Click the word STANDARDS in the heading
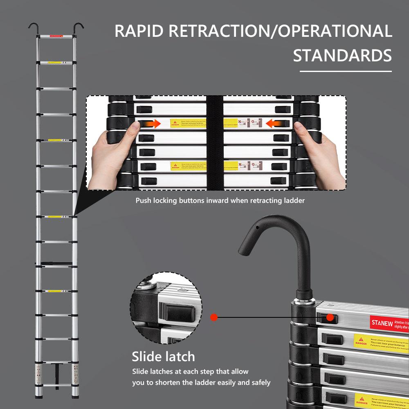[342, 56]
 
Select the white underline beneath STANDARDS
[346, 71]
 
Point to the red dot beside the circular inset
[213, 317]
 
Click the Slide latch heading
[163, 357]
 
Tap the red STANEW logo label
[382, 323]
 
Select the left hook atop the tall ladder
[33, 27]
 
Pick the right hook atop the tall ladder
[79, 27]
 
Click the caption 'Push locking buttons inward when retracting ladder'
[220, 201]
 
